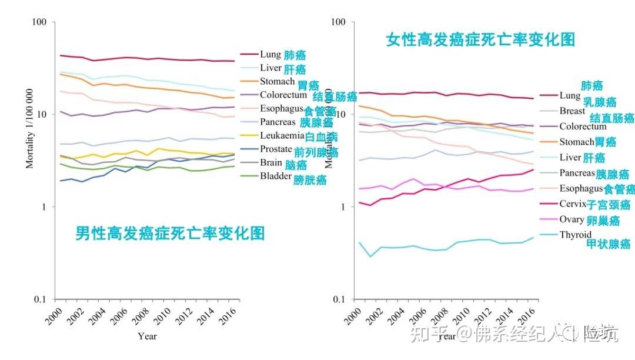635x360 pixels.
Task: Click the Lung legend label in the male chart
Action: [x=270, y=55]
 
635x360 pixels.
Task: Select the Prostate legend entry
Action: [x=276, y=149]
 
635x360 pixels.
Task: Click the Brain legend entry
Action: [x=272, y=163]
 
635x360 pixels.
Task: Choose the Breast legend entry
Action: [x=572, y=111]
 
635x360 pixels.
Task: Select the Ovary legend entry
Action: [x=571, y=219]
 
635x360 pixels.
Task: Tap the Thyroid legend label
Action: [x=575, y=235]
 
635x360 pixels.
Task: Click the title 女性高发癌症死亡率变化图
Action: [x=480, y=40]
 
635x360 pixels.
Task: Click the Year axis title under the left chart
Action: [x=147, y=336]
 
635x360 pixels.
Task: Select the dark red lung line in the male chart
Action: [x=147, y=59]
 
